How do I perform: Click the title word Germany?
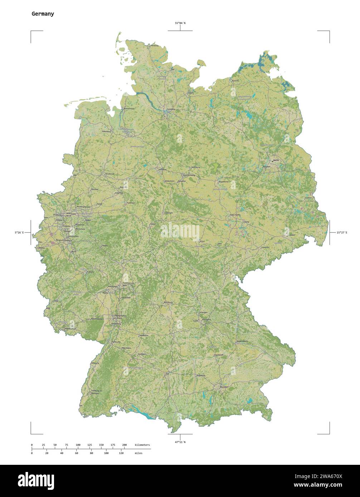[43, 14]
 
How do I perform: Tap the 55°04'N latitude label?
[180, 23]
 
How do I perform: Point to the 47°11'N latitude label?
[180, 442]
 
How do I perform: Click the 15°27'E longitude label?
[341, 233]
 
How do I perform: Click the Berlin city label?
[276, 161]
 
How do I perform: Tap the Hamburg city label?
[170, 109]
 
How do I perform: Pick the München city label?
[224, 387]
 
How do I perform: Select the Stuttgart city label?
[142, 354]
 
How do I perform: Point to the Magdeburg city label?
[223, 182]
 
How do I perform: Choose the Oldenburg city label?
[107, 132]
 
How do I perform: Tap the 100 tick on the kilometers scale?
[78, 445]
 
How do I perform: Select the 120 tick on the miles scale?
[121, 453]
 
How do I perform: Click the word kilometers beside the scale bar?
[142, 445]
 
